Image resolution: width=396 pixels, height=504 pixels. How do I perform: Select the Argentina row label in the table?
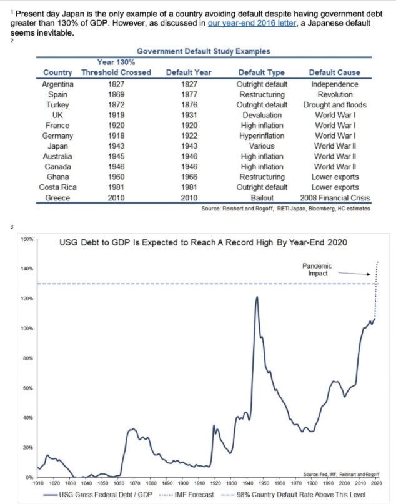[x=57, y=84]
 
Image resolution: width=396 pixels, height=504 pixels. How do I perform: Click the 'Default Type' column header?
[x=261, y=72]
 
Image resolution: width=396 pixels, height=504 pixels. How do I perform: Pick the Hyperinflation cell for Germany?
[x=261, y=136]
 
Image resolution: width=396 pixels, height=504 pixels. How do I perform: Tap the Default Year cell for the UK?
[x=188, y=115]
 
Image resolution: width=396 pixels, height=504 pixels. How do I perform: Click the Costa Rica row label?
[x=57, y=187]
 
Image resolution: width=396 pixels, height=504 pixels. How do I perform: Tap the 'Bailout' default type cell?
[x=261, y=197]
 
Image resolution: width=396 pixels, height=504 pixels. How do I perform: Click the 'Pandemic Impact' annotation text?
[x=317, y=269]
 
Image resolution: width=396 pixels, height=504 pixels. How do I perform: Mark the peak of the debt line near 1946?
[x=256, y=297]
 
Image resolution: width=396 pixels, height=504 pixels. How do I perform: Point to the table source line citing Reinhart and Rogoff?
[x=285, y=209]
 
